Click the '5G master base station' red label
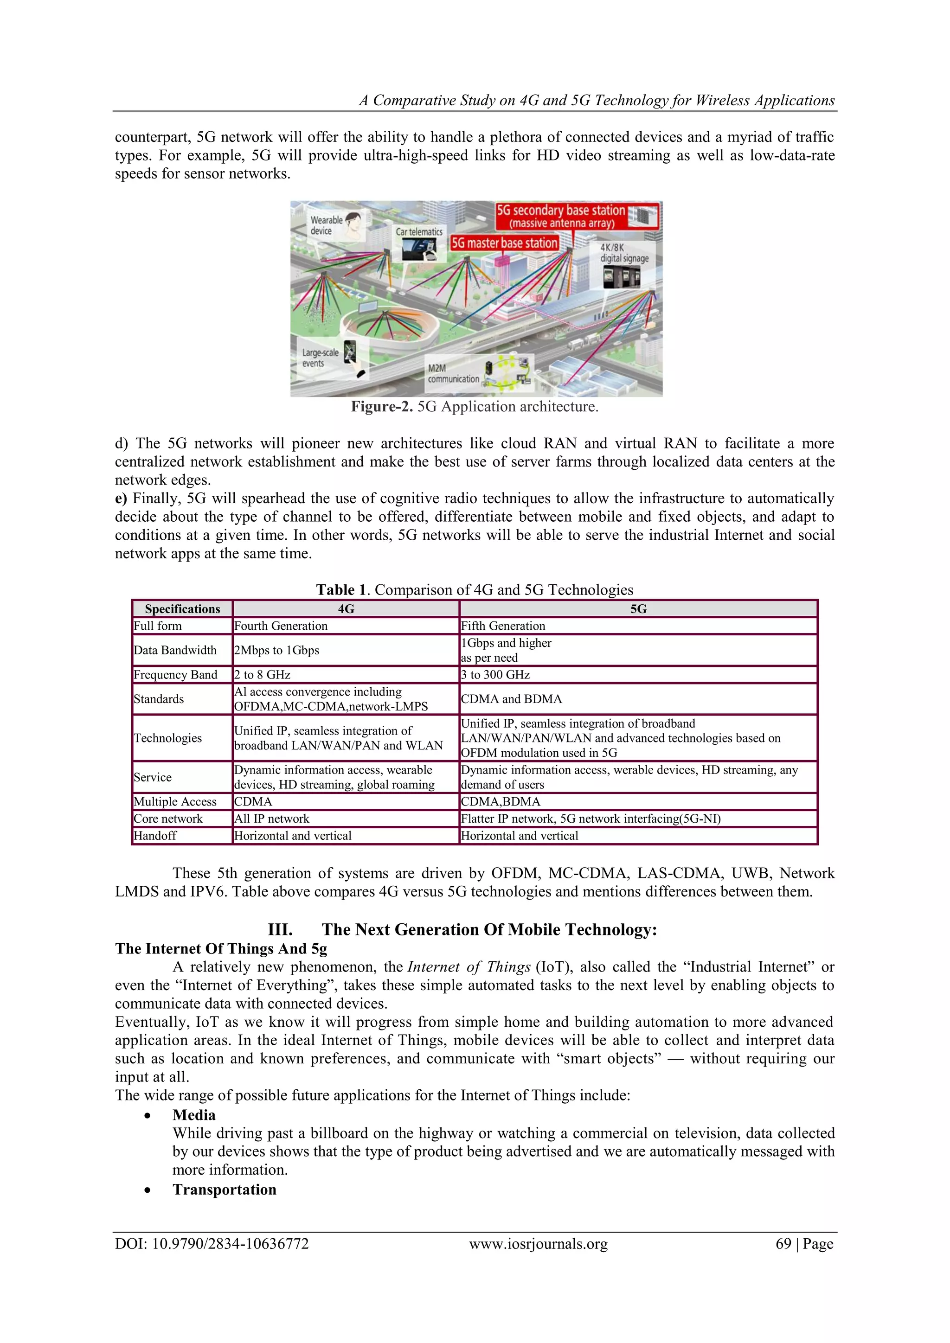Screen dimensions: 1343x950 504,243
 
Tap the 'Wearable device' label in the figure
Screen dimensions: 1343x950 327,225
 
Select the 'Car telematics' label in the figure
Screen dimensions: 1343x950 419,231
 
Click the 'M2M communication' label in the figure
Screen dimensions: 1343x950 453,373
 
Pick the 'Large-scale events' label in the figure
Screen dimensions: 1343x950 320,358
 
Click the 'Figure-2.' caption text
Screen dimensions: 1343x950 382,407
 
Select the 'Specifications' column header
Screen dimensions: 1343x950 182,609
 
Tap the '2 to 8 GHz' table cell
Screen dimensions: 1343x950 263,674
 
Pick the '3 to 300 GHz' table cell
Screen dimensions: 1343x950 495,674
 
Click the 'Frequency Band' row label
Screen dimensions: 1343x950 175,674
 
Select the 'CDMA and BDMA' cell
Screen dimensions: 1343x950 511,699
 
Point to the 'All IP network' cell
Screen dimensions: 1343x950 272,819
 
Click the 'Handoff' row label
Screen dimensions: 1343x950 155,835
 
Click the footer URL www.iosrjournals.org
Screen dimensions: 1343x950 538,1244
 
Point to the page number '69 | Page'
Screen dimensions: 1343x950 804,1244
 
